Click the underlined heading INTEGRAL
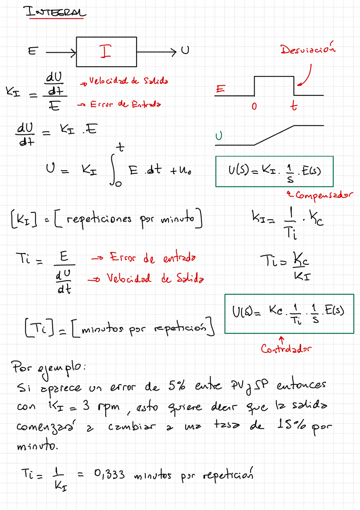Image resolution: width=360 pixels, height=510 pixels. pyautogui.click(x=55, y=13)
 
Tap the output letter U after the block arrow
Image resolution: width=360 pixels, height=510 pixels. pyautogui.click(x=185, y=51)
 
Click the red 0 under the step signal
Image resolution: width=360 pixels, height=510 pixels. pyautogui.click(x=254, y=107)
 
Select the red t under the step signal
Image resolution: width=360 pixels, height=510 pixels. pyautogui.click(x=295, y=106)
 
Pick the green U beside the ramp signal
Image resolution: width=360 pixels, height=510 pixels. pyautogui.click(x=219, y=136)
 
